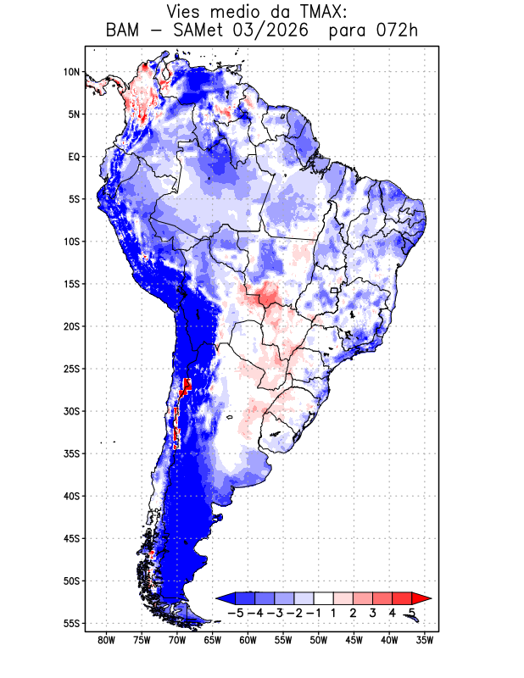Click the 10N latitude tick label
coord(72,72)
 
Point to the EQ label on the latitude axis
coord(74,157)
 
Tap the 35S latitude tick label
coord(72,453)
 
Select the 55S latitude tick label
coord(72,623)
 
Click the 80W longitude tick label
coord(107,641)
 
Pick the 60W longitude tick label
coord(248,641)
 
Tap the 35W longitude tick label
coord(425,641)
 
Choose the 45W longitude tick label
coord(354,641)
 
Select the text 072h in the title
coord(397,31)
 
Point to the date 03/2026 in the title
coord(270,31)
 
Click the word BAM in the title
coord(122,31)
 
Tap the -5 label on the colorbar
coord(235,613)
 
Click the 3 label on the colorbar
coord(372,613)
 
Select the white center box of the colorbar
coord(324,598)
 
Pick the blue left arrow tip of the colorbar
coord(216,599)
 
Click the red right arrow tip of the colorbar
coord(432,599)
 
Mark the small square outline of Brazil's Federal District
coord(333,290)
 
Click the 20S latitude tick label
coord(72,326)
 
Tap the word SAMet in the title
coord(197,31)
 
